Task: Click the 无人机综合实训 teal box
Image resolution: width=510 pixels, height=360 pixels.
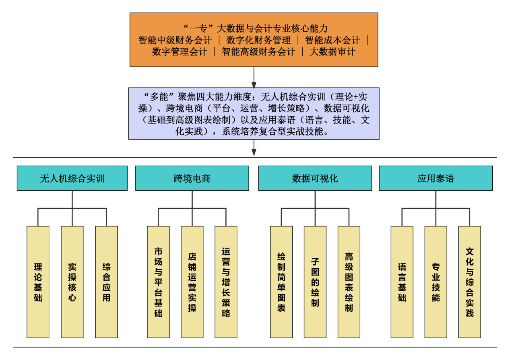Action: click(72, 178)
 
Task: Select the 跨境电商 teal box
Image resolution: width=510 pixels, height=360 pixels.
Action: click(192, 178)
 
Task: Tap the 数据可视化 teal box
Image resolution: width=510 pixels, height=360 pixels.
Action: click(315, 178)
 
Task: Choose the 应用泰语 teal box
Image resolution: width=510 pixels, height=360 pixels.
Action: click(436, 178)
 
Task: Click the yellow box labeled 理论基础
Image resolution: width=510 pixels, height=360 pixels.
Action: click(38, 282)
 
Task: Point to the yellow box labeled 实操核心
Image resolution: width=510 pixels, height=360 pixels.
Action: click(72, 282)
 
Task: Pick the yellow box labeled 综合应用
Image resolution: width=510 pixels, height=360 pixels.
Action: click(106, 282)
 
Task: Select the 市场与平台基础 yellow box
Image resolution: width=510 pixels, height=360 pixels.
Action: click(158, 282)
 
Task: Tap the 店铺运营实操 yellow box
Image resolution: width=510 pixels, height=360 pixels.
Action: click(192, 282)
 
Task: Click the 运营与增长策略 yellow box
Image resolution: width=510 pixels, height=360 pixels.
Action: click(226, 282)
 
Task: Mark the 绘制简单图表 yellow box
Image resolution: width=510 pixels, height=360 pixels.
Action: click(281, 282)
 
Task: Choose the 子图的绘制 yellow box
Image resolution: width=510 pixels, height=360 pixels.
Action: click(315, 282)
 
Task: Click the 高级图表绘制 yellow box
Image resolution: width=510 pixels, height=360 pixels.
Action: click(349, 282)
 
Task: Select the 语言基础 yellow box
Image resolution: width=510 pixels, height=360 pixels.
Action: click(402, 282)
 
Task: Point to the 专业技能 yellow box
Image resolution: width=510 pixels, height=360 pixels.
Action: click(436, 282)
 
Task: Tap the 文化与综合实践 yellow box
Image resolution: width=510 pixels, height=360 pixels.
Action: click(469, 282)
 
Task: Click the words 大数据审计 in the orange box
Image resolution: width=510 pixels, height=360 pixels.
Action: click(332, 52)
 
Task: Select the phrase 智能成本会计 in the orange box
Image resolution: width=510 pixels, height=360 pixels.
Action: click(332, 40)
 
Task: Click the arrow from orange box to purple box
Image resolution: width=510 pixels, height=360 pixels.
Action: click(254, 77)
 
